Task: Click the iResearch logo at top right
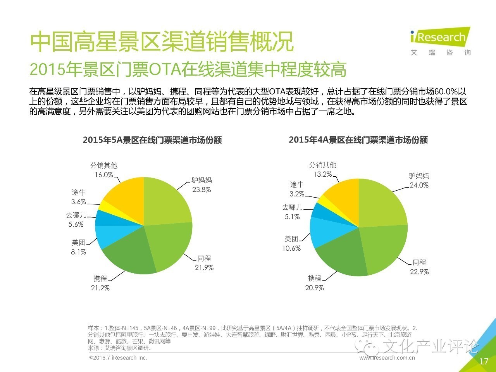point(440,38)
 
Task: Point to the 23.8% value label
point(201,190)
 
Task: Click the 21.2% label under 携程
point(100,288)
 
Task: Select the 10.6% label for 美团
point(291,248)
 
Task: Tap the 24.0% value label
point(419,185)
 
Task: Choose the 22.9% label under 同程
point(419,272)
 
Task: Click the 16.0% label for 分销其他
point(104,175)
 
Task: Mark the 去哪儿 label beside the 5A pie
point(76,215)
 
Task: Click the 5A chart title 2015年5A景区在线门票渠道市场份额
point(152,140)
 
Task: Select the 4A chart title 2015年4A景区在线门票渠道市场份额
point(358,140)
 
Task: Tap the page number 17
point(484,361)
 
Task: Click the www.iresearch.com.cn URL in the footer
point(387,358)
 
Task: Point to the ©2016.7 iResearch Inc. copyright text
point(118,358)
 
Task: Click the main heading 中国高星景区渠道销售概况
point(162,41)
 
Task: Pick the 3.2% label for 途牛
point(297,194)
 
